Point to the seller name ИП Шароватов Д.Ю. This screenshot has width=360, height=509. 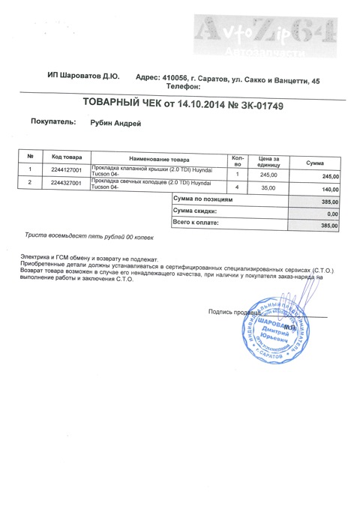[82, 77]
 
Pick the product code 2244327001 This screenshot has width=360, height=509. [67, 183]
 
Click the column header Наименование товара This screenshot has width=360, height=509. [160, 160]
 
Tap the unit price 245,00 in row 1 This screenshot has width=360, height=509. [268, 175]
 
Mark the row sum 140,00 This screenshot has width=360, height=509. [330, 190]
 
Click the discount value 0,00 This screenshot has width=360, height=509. [333, 214]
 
